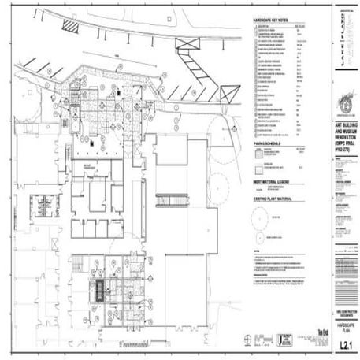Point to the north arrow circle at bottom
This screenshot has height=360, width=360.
pyautogui.click(x=249, y=340)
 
